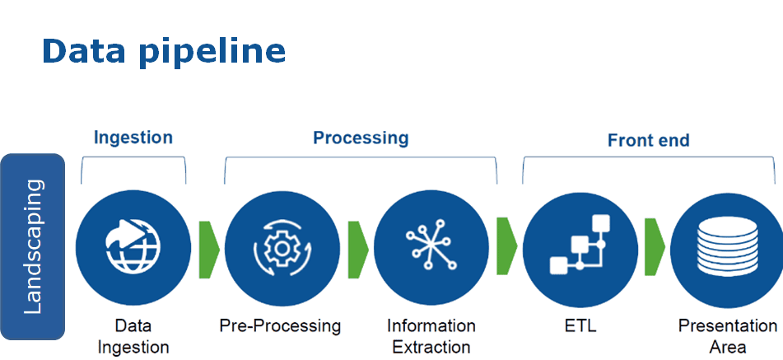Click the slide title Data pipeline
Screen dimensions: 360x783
point(164,51)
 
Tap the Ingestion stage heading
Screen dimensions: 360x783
point(133,137)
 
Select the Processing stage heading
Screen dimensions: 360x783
point(361,138)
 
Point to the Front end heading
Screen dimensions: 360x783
point(648,140)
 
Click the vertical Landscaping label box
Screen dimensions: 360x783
point(33,246)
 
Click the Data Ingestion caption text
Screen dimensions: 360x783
point(133,336)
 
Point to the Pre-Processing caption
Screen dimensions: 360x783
point(280,326)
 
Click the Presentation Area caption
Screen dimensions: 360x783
point(727,336)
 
